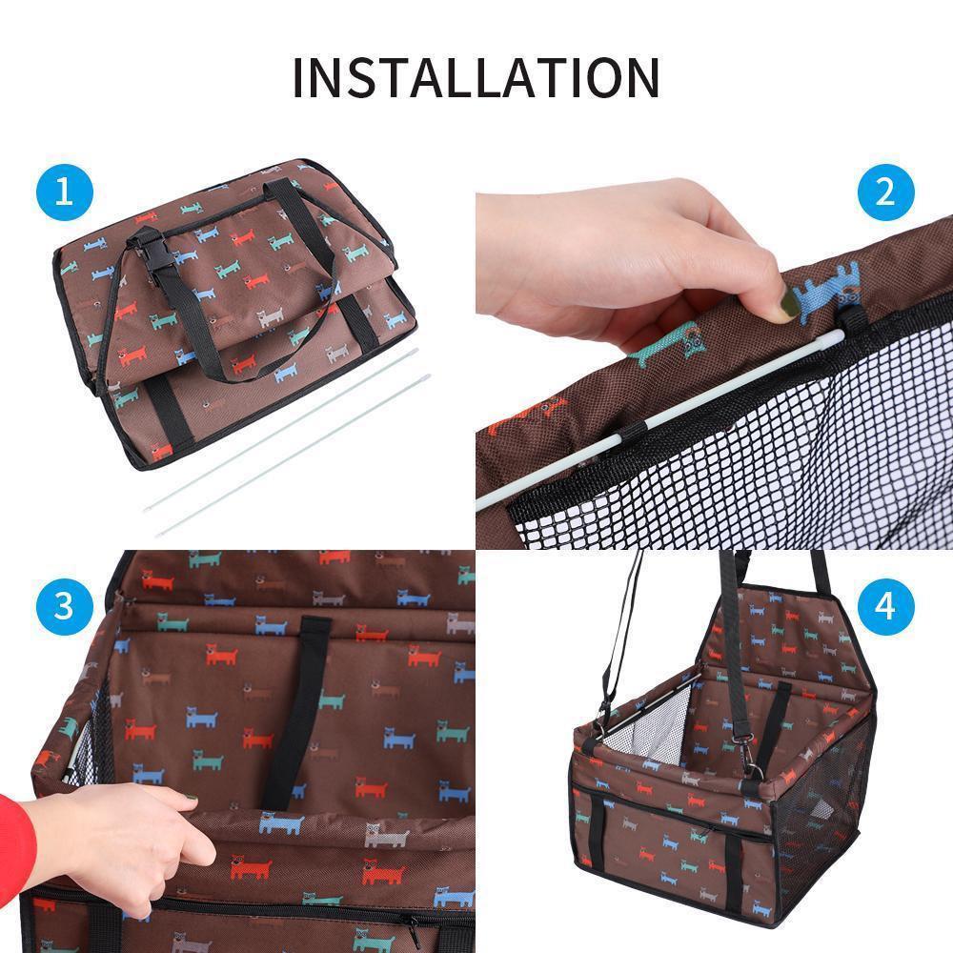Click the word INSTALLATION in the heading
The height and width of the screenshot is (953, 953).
(x=476, y=77)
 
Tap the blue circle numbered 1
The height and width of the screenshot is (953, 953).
(x=65, y=193)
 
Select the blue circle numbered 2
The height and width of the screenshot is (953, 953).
(x=885, y=193)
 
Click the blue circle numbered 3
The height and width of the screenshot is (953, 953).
(x=65, y=606)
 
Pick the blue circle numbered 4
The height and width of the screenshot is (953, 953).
(x=885, y=606)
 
